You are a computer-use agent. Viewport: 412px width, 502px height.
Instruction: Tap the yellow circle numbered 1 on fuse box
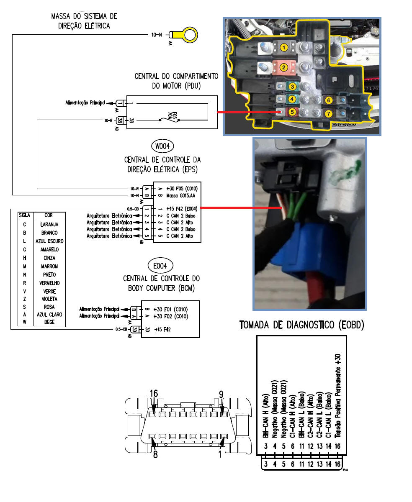pos(284,48)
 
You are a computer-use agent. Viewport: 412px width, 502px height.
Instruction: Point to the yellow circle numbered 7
pos(329,113)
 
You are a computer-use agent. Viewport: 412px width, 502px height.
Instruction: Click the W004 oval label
pos(162,146)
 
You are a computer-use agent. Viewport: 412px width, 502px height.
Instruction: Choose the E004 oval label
pos(160,265)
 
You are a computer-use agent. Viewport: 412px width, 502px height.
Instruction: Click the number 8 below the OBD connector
pos(155,455)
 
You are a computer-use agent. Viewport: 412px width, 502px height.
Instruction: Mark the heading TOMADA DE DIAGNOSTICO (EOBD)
pos(301,325)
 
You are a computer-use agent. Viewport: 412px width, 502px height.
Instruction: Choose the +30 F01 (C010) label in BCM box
pos(170,309)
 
